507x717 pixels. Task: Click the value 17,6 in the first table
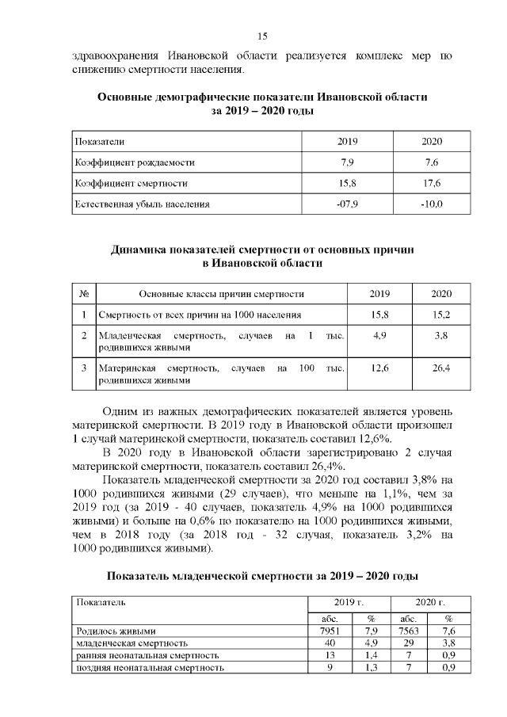click(x=431, y=183)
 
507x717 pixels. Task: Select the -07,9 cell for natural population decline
click(x=347, y=204)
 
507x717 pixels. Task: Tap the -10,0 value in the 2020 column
click(x=431, y=204)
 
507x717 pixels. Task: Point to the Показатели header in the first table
click(x=100, y=140)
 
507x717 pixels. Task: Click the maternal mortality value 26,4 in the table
click(x=440, y=368)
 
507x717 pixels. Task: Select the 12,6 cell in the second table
click(x=379, y=368)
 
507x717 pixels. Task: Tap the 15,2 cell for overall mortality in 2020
click(x=440, y=315)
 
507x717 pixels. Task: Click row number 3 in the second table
click(x=84, y=368)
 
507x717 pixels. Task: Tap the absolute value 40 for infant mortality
click(x=327, y=643)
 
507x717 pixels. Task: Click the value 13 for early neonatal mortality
click(x=327, y=656)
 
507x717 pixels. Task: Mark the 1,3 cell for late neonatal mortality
click(x=370, y=668)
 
